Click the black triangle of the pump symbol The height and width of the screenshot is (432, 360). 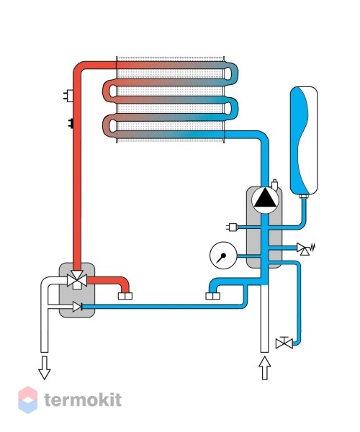[x=265, y=199]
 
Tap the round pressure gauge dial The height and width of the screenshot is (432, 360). [x=223, y=256]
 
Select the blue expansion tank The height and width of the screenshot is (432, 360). [x=304, y=140]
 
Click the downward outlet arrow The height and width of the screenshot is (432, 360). [x=45, y=368]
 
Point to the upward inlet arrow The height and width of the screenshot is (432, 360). [x=265, y=368]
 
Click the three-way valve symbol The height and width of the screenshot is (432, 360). [x=77, y=279]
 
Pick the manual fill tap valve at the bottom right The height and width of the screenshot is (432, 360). [x=284, y=343]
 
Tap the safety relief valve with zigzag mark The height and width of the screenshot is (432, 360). [x=305, y=249]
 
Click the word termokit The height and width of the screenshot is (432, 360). [x=83, y=400]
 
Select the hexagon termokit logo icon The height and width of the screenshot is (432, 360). [x=28, y=400]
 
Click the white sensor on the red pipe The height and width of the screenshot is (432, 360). [x=68, y=96]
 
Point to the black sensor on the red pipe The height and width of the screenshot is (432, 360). [x=71, y=123]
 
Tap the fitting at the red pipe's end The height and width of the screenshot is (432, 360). [x=125, y=296]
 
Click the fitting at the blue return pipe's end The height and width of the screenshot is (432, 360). [x=212, y=296]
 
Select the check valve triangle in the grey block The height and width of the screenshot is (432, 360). [x=77, y=307]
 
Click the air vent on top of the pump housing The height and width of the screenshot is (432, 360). [x=274, y=184]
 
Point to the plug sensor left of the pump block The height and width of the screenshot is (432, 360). [x=232, y=227]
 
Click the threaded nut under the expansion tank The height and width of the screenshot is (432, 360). [x=304, y=196]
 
